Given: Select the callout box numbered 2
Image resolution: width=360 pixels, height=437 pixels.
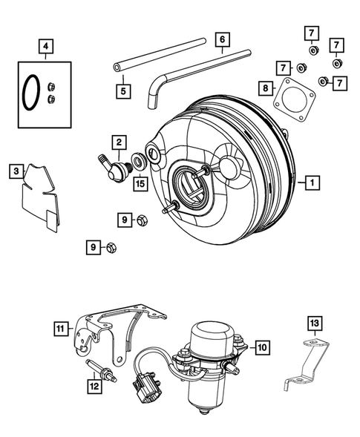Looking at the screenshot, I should tap(118, 141).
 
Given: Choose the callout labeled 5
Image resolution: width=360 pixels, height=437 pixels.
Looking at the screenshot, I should tap(122, 91).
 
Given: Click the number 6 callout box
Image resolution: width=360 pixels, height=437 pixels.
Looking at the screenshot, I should tap(221, 39).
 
